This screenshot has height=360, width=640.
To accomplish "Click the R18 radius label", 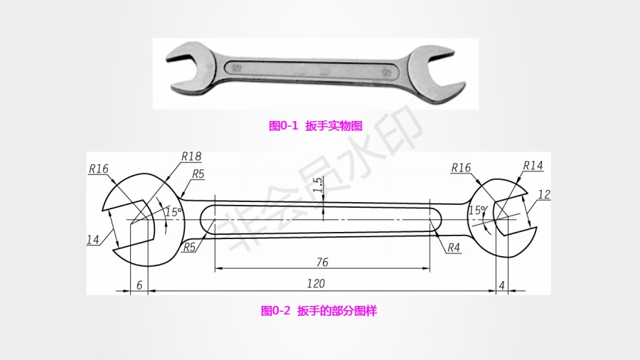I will point(191,156).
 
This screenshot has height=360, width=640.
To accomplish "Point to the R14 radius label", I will point(533,166).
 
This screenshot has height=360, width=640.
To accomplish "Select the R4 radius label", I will point(454,248).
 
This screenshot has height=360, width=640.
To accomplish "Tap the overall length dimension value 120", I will point(316,283).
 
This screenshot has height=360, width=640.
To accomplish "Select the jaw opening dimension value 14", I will point(93,240).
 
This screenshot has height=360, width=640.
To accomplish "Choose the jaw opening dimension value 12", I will point(544,194).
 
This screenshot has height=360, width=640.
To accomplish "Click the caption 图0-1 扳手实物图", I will point(316,126).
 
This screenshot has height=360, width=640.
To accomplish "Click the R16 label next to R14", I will point(461,168).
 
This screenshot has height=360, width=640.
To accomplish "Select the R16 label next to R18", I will point(98,169).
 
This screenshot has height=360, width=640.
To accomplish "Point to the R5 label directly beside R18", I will point(198,174).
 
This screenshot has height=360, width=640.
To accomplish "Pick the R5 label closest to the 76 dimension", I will point(189,248).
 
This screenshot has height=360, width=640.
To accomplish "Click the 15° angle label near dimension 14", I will point(174,212).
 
